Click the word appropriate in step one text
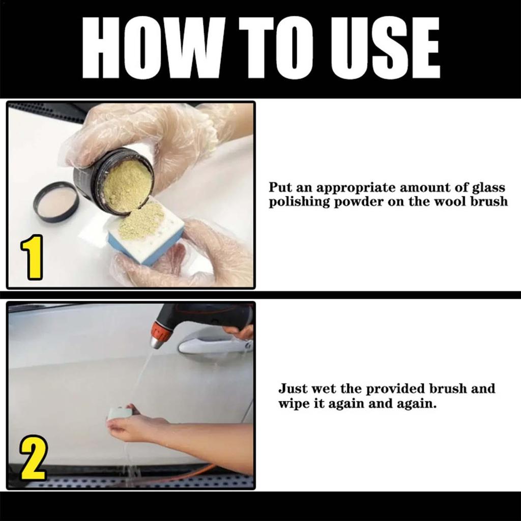356,187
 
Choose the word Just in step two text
292,389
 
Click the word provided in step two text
389,389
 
